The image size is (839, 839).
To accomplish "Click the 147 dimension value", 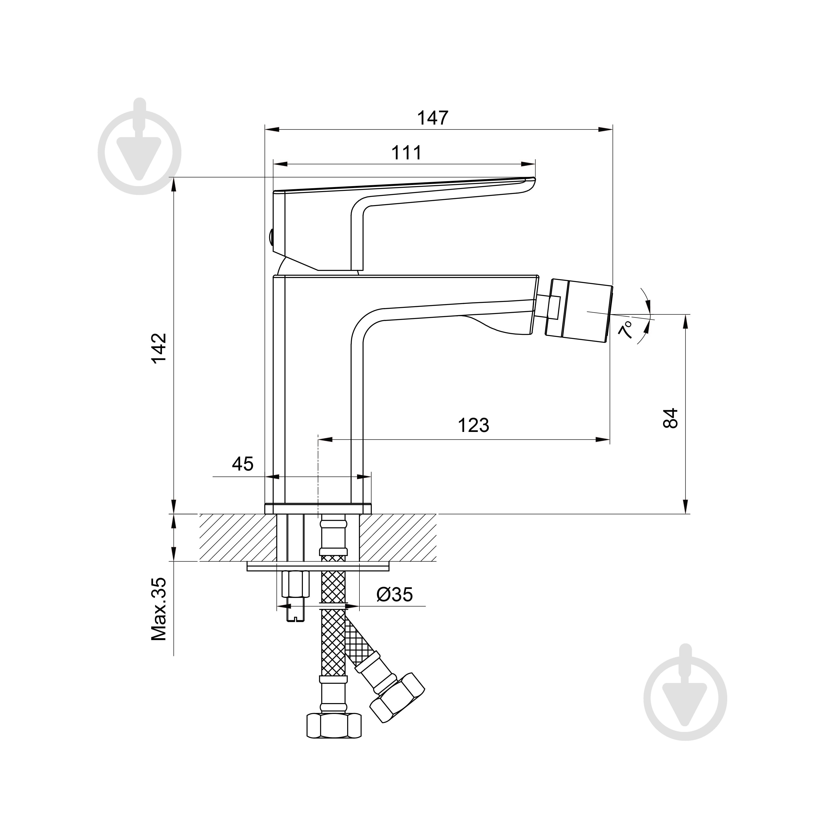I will tap(433, 118).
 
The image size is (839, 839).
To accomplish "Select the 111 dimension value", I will tap(406, 153).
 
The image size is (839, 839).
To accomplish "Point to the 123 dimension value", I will tap(473, 425).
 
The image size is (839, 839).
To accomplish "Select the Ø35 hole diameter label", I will tap(394, 595).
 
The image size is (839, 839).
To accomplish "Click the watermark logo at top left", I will tap(140, 152).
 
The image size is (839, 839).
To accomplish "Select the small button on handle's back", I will tap(270, 238).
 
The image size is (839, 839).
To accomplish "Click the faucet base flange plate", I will tap(318, 508).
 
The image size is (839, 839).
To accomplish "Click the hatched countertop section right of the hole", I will tap(397, 538).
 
